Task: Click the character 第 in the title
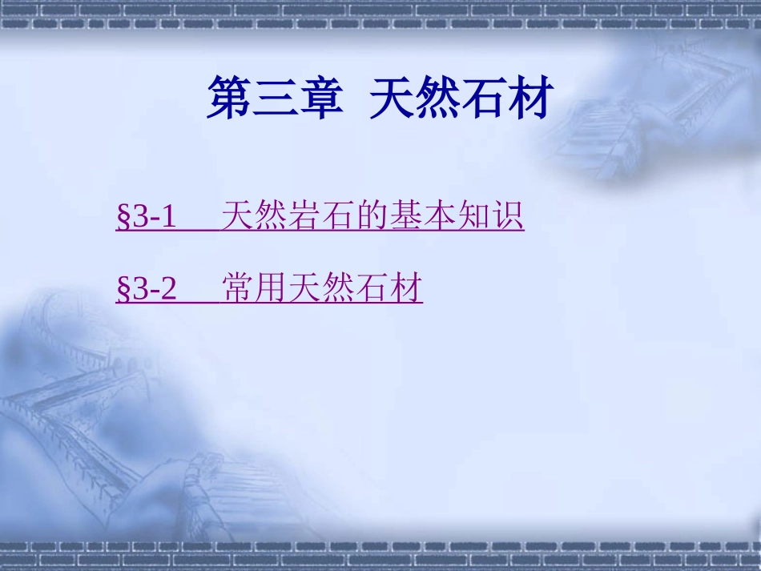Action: tap(229, 99)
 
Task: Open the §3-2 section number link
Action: tap(147, 288)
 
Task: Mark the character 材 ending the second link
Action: tap(406, 288)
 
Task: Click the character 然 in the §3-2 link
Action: tap(340, 288)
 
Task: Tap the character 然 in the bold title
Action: tap(438, 99)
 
